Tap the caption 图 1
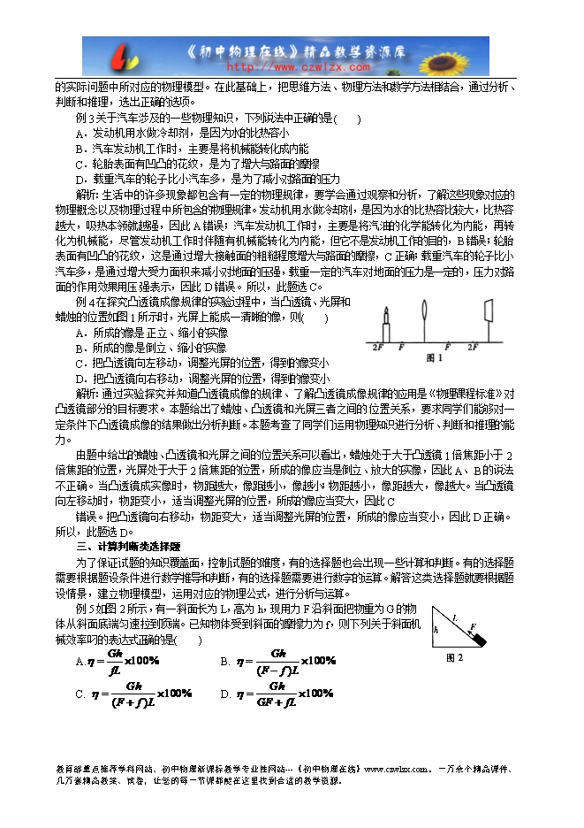point(435,357)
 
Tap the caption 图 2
point(455,657)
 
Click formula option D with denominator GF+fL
point(273,694)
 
